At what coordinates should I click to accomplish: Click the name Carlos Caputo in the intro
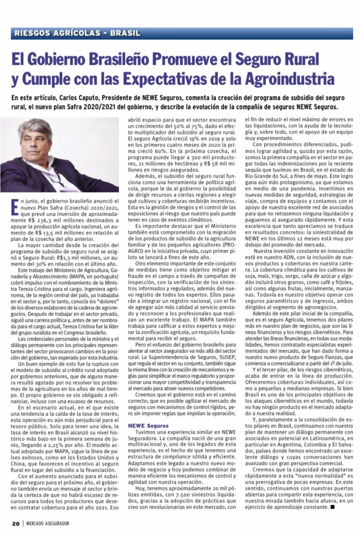[x=80, y=98]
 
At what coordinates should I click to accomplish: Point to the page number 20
[x=15, y=523]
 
